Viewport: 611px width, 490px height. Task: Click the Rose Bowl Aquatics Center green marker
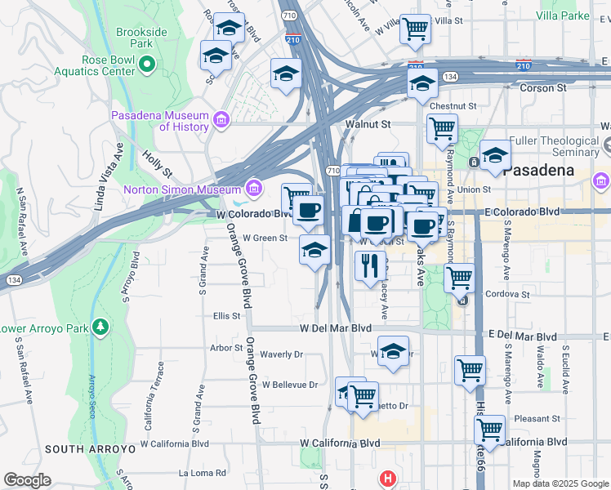(x=147, y=64)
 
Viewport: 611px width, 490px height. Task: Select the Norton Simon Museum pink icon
(x=254, y=189)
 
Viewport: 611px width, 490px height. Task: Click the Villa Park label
(x=563, y=16)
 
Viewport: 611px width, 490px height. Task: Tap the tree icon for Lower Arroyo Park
(x=100, y=327)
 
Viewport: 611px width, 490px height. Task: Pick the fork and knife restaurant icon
(x=370, y=265)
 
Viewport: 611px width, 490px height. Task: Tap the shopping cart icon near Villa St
(x=416, y=29)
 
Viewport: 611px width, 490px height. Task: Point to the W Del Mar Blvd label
(x=336, y=328)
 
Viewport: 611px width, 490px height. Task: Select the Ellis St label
(x=227, y=315)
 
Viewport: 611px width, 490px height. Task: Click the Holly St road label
(x=157, y=163)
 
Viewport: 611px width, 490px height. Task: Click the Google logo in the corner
(x=27, y=480)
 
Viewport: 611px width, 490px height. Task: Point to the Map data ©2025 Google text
(x=560, y=483)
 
